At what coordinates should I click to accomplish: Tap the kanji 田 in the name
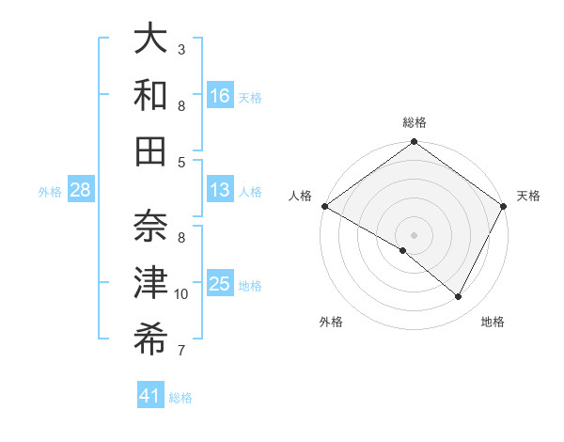click(150, 150)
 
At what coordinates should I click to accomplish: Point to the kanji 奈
click(150, 226)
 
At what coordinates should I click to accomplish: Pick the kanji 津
click(150, 283)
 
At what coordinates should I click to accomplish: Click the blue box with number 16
click(220, 95)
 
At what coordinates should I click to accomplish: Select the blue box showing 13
click(220, 190)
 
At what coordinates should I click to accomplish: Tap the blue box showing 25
click(220, 284)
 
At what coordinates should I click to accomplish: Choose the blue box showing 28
click(80, 190)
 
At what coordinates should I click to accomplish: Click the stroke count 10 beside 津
click(181, 294)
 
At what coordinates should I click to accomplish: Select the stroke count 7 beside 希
click(181, 352)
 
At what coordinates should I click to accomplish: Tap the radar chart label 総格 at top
click(415, 122)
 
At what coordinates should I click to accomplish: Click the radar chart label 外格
click(331, 322)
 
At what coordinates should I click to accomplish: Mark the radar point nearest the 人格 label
click(324, 206)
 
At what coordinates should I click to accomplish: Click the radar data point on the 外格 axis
click(403, 250)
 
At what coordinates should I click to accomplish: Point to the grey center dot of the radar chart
click(415, 234)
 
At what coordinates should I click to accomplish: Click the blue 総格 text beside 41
click(180, 398)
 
